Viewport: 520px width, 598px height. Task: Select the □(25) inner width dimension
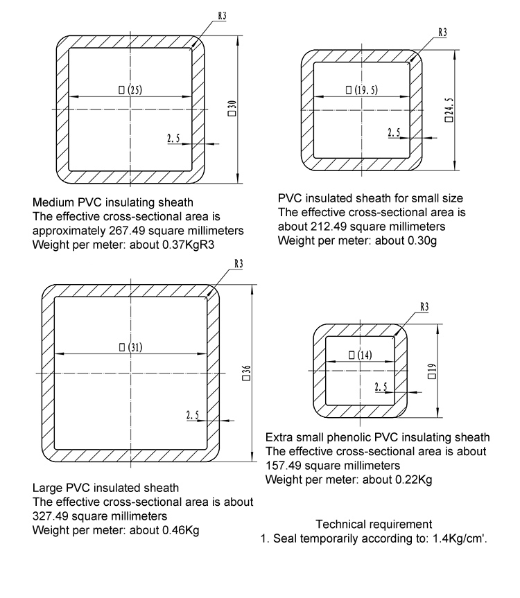click(130, 89)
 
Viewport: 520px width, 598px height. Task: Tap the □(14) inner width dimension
click(360, 355)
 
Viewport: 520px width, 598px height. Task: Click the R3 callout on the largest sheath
click(239, 263)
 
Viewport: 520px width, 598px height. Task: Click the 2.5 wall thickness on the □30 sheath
click(173, 139)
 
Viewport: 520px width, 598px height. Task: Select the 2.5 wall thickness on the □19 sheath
click(381, 387)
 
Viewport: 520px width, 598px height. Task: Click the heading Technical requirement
click(374, 525)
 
